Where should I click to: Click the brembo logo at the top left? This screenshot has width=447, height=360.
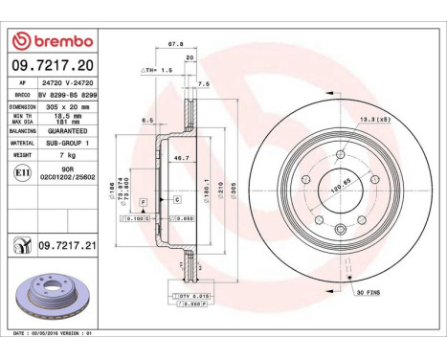(52, 41)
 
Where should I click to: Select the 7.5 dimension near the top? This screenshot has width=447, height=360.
(202, 83)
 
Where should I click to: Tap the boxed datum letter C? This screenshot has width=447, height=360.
(179, 199)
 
